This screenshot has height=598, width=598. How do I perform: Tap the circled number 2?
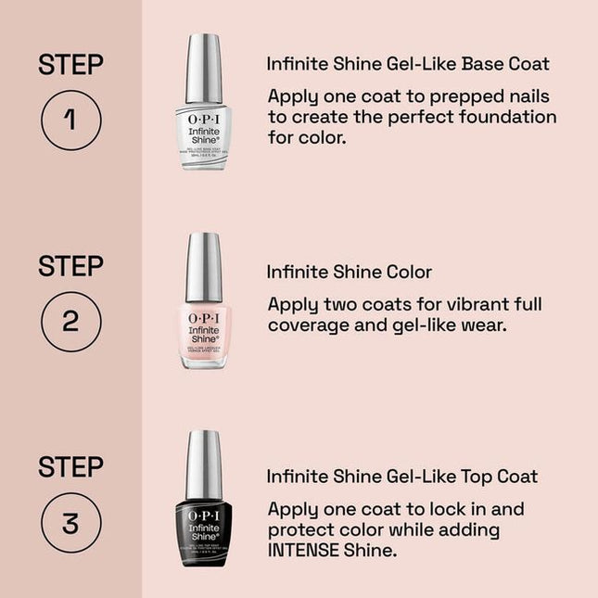click(70, 321)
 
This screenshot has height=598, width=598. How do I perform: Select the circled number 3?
click(70, 523)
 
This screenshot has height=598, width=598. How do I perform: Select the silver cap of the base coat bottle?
click(203, 68)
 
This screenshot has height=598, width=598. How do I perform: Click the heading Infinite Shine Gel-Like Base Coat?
click(408, 64)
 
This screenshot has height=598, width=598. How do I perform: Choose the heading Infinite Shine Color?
click(350, 273)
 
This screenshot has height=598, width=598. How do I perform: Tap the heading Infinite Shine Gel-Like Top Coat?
click(402, 477)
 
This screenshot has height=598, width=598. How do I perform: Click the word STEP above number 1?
click(70, 65)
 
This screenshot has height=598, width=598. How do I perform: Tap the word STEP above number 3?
click(70, 467)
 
